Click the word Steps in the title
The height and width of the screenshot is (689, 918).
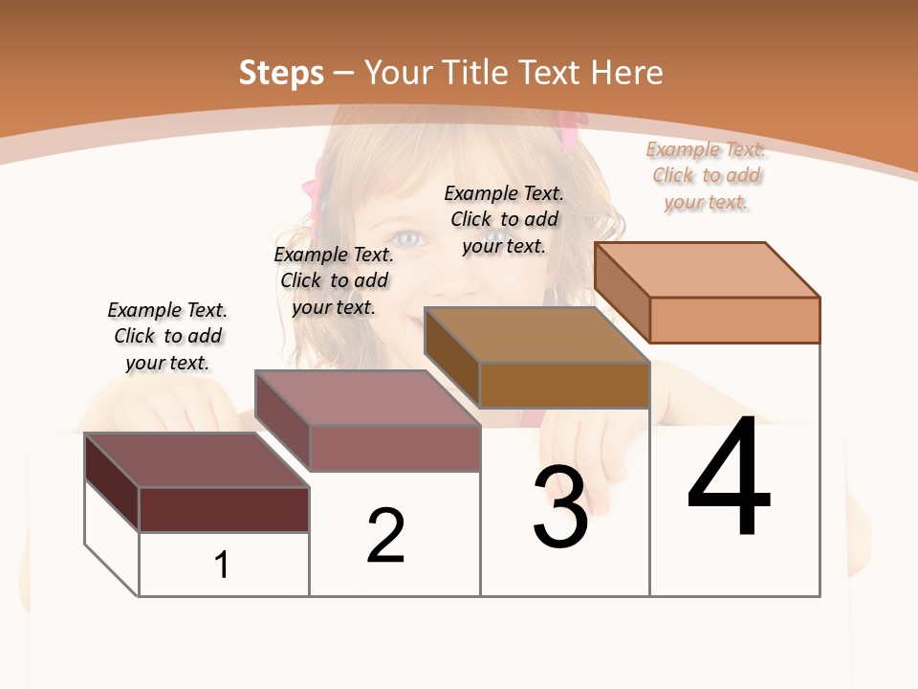point(281,73)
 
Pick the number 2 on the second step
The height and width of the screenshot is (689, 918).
point(385,535)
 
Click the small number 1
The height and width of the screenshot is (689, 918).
point(222,565)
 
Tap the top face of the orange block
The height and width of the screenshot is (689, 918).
point(708,270)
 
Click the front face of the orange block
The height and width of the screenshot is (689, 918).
point(734,320)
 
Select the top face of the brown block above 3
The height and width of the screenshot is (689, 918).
point(536,335)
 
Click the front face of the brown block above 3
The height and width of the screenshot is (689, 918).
point(564,385)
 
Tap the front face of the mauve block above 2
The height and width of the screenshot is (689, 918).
point(394,448)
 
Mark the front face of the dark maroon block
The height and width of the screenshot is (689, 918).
point(224,509)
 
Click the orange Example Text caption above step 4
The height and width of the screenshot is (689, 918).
point(706,175)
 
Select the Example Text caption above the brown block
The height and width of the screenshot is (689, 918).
point(504,219)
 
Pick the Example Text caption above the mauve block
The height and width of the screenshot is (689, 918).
point(334,280)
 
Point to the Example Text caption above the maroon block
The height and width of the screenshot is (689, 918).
point(167,336)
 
